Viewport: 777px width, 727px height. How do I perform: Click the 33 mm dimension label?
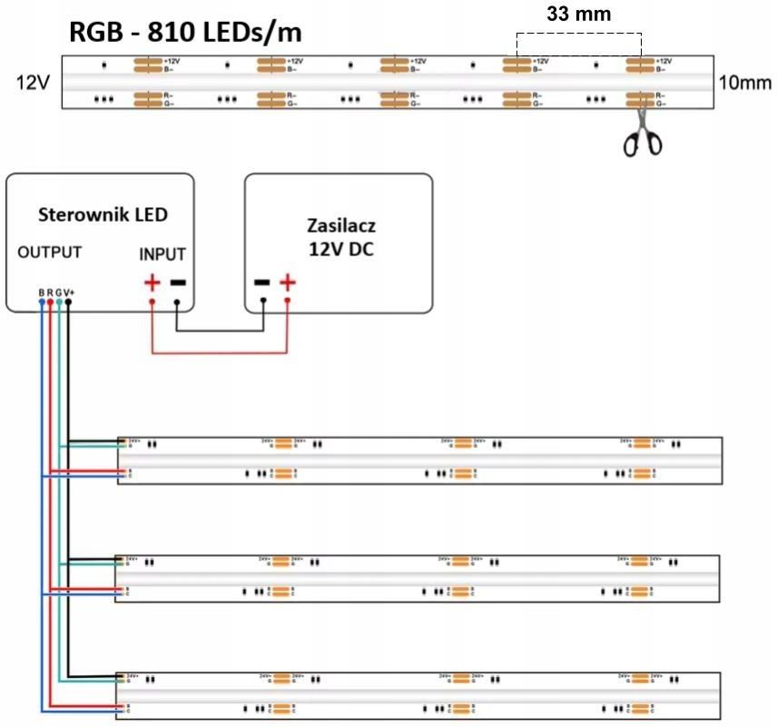578,14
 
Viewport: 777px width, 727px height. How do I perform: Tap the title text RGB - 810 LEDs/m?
185,33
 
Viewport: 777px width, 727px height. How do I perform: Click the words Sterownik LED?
103,214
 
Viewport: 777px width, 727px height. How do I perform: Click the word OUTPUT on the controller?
50,252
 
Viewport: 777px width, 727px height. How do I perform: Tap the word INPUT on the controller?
163,254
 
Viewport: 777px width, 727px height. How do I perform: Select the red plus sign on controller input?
152,283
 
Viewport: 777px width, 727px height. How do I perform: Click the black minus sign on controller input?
177,283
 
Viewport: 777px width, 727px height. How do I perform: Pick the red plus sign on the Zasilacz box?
288,283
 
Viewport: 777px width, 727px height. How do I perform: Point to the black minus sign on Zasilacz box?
262,283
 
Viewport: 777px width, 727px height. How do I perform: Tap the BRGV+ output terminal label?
54,292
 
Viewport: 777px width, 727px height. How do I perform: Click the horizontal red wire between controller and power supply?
219,353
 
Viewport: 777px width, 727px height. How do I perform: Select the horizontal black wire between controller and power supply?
219,331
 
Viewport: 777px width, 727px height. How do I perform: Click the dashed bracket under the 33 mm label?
578,35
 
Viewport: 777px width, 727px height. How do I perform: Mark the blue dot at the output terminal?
41,301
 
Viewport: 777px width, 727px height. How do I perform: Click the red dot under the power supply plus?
288,301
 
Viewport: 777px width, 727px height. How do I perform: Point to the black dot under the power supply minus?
262,301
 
